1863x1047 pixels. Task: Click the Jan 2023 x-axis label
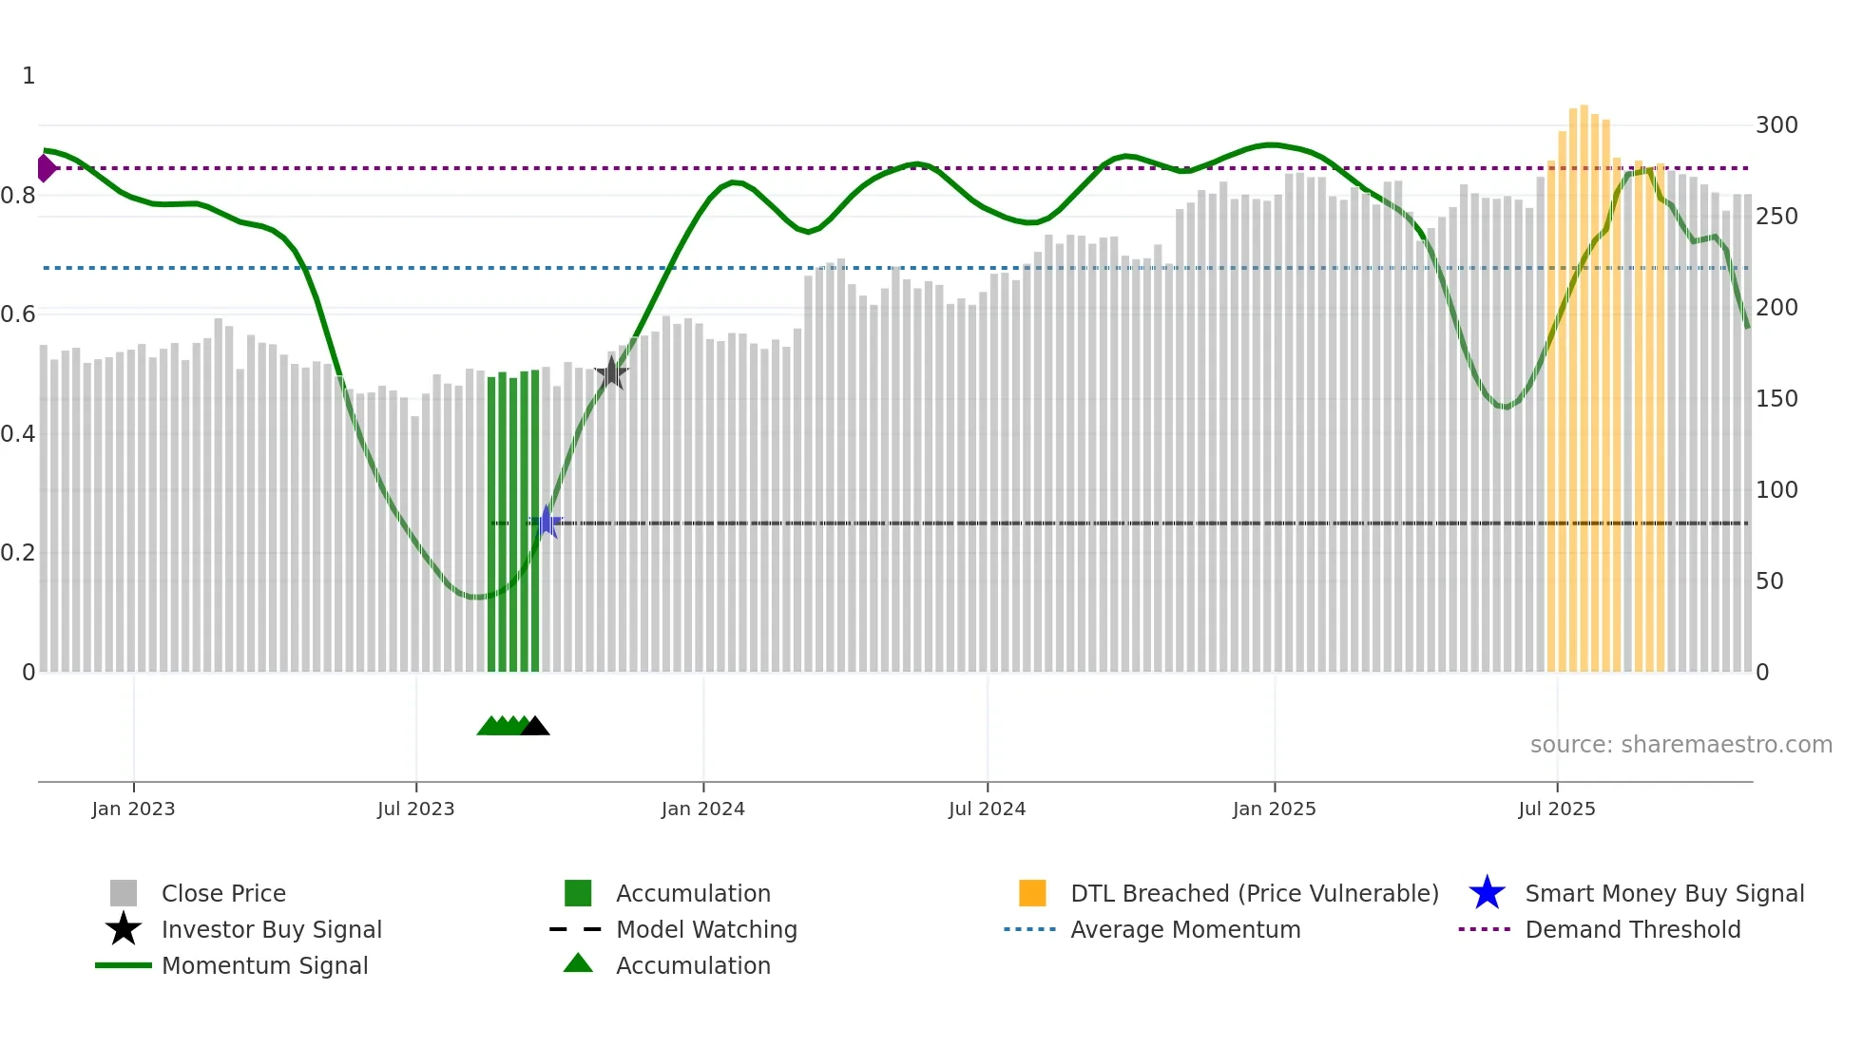coord(133,809)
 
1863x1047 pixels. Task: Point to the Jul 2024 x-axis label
coord(987,809)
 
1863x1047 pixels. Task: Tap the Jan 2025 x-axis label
coord(1274,809)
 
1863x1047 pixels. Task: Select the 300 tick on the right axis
coord(1776,125)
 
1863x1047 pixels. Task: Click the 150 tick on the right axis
coord(1776,399)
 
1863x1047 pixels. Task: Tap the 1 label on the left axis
coord(29,76)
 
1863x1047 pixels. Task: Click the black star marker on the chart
coord(611,373)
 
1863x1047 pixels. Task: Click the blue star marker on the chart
coord(547,523)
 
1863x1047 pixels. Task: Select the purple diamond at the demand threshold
coord(46,168)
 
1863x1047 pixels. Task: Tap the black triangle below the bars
coord(535,727)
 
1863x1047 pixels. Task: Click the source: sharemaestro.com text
coord(1681,745)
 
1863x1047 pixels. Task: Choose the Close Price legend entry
coord(223,894)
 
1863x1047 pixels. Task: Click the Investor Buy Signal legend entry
coord(271,930)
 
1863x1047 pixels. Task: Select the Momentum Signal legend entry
coord(264,966)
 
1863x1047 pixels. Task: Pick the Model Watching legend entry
coord(706,930)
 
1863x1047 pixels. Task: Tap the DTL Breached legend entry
coord(1254,894)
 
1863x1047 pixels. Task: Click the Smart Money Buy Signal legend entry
coord(1664,894)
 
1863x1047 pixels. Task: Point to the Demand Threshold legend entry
coord(1632,930)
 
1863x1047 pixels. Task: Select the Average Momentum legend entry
coord(1185,930)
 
